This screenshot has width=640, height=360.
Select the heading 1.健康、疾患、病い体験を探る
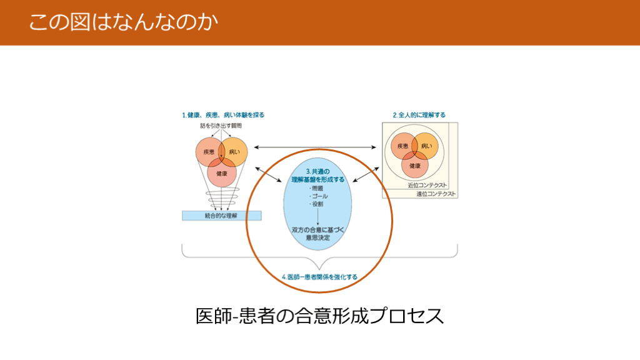(x=223, y=115)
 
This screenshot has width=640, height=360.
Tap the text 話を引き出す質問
(x=221, y=126)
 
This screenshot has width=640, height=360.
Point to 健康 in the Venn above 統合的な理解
(x=221, y=172)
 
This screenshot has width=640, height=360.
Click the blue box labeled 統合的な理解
(x=221, y=216)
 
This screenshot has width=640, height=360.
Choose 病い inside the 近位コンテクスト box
(x=426, y=146)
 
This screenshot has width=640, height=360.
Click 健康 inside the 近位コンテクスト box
(x=414, y=166)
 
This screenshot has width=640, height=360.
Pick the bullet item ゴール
(x=318, y=196)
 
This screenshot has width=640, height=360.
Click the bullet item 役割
(x=316, y=204)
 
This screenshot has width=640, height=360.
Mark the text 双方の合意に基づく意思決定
(x=319, y=234)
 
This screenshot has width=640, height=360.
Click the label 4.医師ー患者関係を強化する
(x=319, y=276)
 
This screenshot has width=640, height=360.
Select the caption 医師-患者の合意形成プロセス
(x=319, y=316)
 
